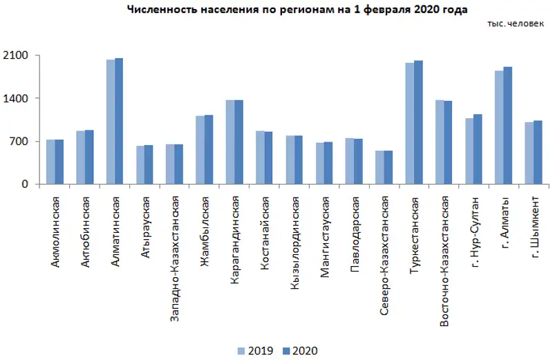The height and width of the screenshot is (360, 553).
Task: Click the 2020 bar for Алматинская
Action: (119, 122)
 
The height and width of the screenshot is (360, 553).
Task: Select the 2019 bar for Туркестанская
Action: (410, 124)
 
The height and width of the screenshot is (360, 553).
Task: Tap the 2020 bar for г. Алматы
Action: (508, 126)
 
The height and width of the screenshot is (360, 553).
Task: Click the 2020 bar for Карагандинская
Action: (238, 142)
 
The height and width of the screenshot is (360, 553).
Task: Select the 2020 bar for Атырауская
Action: (149, 165)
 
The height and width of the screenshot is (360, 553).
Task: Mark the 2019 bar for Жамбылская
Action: (200, 150)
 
